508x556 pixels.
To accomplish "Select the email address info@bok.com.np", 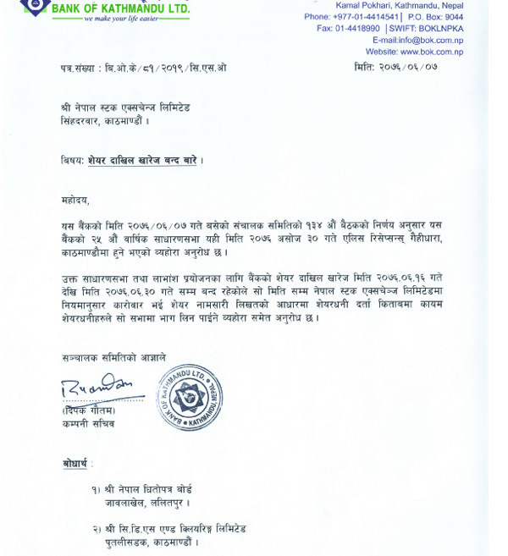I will coord(418,40).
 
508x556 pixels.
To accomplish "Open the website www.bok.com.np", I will coord(414,52).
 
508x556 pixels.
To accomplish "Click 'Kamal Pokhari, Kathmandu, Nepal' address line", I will coord(406,5).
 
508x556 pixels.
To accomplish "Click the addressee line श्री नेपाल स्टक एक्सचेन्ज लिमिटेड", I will coord(125,108).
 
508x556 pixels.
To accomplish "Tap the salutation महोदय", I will coord(75,201).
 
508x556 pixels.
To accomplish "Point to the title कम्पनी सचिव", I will coord(88,423).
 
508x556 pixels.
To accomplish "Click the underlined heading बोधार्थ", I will coord(75,464).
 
